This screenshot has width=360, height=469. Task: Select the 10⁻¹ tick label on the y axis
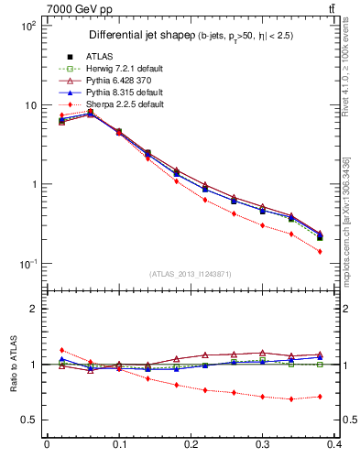point(27,264)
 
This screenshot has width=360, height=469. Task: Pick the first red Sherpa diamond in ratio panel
point(61,350)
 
